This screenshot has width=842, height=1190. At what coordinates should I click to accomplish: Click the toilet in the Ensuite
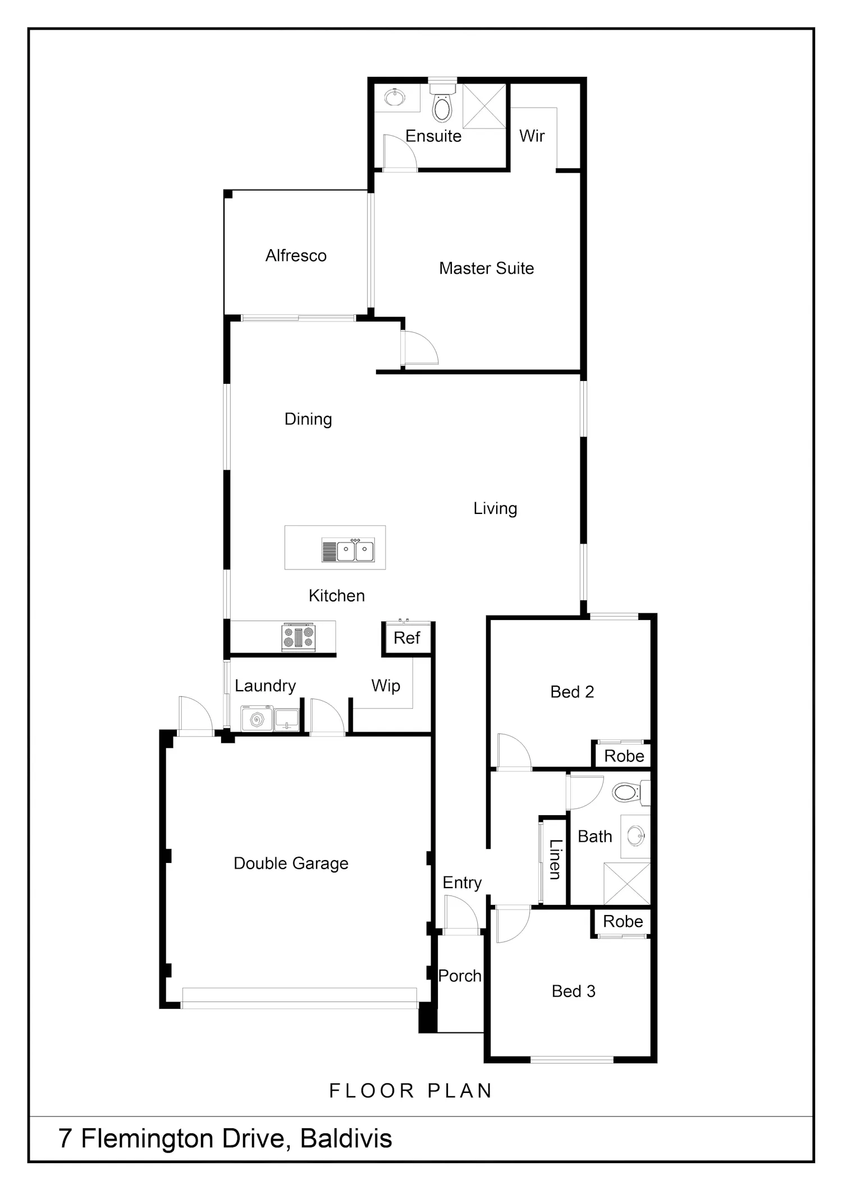pos(442,102)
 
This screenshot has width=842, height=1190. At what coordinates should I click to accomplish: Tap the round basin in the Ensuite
pos(395,97)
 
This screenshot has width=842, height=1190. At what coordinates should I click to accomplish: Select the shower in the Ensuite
pos(484,106)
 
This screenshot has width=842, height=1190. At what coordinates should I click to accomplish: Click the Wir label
pos(532,136)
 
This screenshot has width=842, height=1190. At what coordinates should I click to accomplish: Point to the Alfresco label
pos(296,256)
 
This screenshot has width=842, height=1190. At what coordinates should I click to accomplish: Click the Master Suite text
pos(486,268)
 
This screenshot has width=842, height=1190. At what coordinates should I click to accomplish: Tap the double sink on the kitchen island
pos(348,550)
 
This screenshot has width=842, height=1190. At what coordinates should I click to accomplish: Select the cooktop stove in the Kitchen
pos(299,638)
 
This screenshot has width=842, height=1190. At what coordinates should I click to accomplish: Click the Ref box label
pos(406,638)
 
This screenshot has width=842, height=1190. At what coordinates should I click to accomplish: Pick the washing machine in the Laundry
pos(257,719)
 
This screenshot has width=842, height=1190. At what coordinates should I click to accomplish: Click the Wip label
pos(386,686)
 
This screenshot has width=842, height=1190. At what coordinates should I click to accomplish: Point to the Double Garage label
pos(291,863)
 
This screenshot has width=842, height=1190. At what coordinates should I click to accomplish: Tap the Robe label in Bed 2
pos(624,756)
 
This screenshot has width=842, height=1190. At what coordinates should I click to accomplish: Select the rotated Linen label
pos(555,859)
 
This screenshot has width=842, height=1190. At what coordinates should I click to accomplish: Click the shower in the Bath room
pos(627,884)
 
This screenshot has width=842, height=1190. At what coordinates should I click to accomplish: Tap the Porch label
pos(460,976)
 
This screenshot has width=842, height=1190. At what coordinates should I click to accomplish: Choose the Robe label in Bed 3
pos(623,921)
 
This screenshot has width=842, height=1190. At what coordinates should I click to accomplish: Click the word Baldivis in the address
pos(346,1138)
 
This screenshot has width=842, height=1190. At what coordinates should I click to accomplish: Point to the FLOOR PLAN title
pos(410,1091)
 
